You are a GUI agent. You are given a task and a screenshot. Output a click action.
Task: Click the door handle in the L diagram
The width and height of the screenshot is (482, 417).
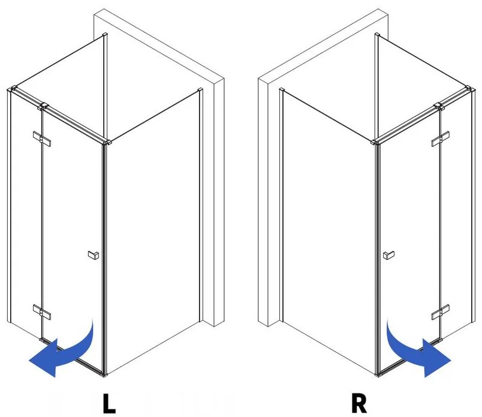[92, 255]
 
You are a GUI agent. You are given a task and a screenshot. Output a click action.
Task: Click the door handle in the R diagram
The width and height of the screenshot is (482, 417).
[388, 255]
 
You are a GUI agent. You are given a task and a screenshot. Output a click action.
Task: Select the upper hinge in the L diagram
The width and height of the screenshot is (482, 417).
[42, 138]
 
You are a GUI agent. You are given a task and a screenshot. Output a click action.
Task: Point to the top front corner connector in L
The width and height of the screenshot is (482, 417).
[107, 143]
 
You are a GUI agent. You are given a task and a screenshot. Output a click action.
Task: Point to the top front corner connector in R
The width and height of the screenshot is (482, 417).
[374, 143]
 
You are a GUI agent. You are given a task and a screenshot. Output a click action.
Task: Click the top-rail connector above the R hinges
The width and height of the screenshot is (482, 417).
[441, 107]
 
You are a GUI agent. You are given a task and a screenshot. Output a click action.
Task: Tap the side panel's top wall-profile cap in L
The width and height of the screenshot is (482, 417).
[200, 91]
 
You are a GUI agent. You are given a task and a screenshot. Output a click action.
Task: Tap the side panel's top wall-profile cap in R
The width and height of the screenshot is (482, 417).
[281, 91]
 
